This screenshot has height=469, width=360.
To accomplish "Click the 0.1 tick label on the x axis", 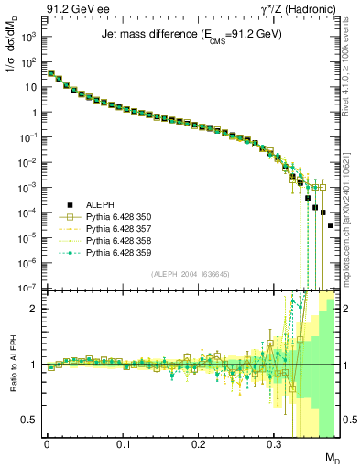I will tap(123, 445).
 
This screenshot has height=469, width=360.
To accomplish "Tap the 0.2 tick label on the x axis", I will tap(199, 445).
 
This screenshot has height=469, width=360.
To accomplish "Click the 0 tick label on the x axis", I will tap(47, 445).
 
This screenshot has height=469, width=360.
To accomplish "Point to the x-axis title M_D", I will tap(333, 458).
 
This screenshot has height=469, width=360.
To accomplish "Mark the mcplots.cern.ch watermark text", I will tap(353, 215).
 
